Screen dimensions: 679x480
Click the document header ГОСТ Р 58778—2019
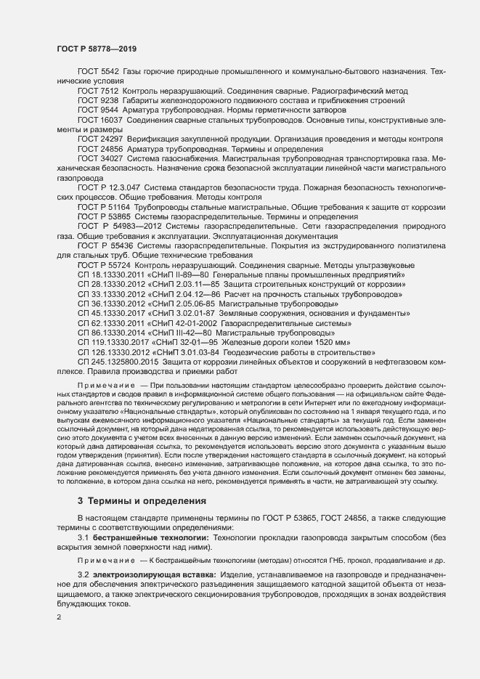point(97,48)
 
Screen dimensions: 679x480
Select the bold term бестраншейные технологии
point(150,536)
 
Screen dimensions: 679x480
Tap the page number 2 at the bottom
point(59,617)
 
